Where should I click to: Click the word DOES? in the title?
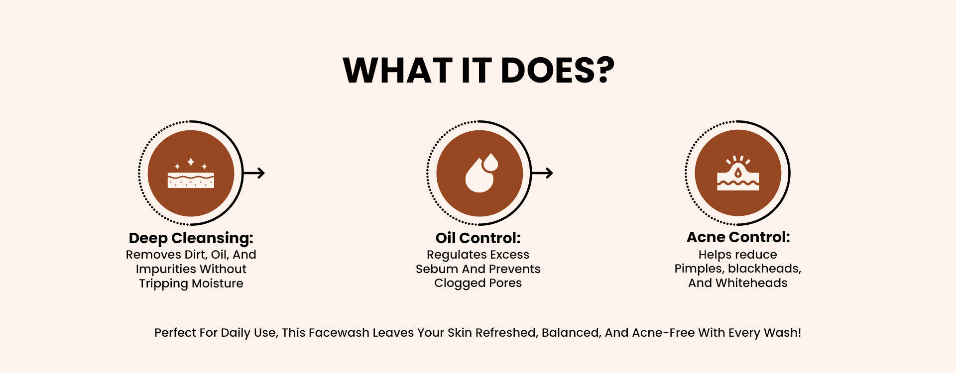point(558,70)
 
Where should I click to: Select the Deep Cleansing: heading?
point(191,238)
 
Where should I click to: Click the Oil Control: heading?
point(478,238)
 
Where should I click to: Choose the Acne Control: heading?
point(738,237)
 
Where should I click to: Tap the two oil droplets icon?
point(481,173)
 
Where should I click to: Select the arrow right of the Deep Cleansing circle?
point(254,173)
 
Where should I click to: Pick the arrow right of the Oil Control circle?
point(542,173)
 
